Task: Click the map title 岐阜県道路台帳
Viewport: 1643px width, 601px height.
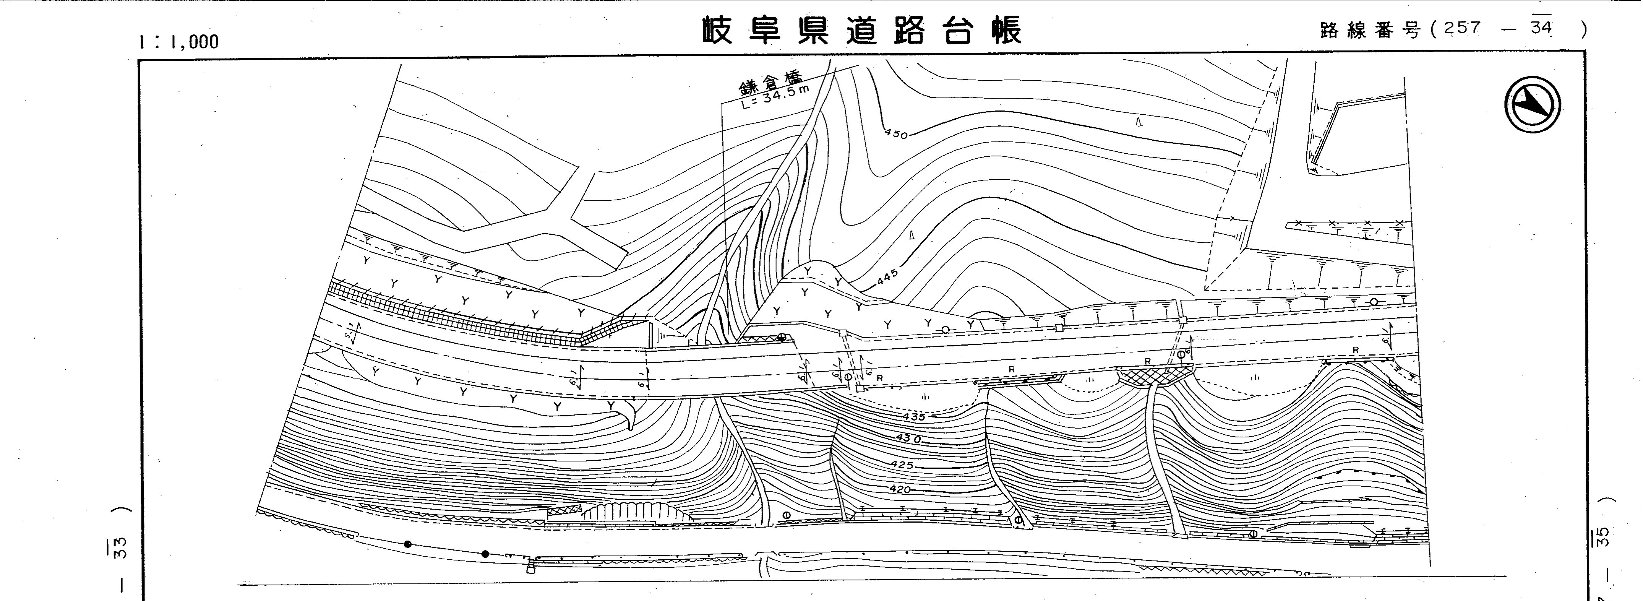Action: coord(862,31)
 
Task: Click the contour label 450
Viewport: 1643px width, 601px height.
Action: coord(896,134)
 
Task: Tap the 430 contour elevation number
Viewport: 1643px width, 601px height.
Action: coord(909,439)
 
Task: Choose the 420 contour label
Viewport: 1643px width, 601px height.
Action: coord(899,489)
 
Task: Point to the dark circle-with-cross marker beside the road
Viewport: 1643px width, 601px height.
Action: coord(781,338)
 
